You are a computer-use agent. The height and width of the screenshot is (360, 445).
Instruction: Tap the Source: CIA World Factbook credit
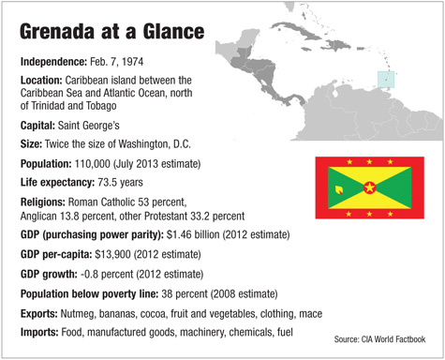click(379, 337)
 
